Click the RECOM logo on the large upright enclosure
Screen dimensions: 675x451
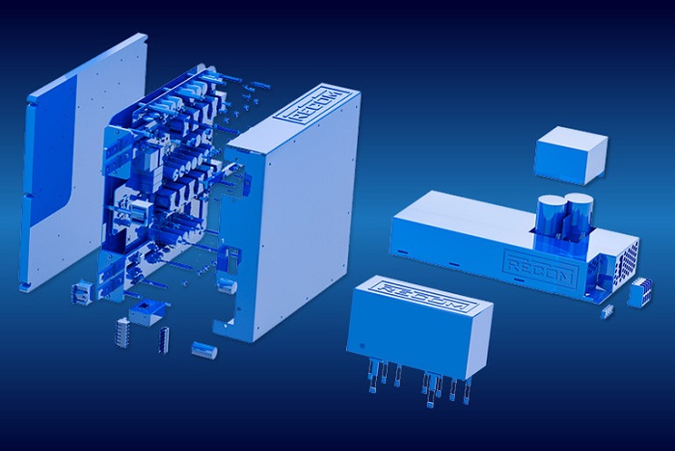pyautogui.click(x=313, y=105)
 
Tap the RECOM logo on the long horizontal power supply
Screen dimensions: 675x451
pyautogui.click(x=540, y=267)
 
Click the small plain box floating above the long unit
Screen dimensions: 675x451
pyautogui.click(x=571, y=155)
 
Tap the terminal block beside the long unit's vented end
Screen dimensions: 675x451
pyautogui.click(x=640, y=293)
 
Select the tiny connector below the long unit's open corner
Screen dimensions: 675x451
pyautogui.click(x=607, y=311)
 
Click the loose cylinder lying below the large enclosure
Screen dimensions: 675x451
pyautogui.click(x=204, y=349)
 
